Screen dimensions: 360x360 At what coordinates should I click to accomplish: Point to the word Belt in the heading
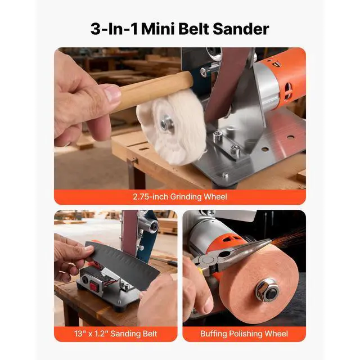195,29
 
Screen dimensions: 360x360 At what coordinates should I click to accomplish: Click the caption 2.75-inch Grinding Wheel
179,196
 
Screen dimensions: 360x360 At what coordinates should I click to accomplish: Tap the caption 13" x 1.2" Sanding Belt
115,334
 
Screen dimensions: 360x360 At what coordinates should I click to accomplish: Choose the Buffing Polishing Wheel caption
244,334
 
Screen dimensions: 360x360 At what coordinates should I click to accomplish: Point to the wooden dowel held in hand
152,90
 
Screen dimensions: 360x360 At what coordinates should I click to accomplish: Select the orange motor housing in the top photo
287,79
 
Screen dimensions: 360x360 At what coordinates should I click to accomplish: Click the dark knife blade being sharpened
121,264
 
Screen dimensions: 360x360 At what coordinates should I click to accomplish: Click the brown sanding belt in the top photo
228,79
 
